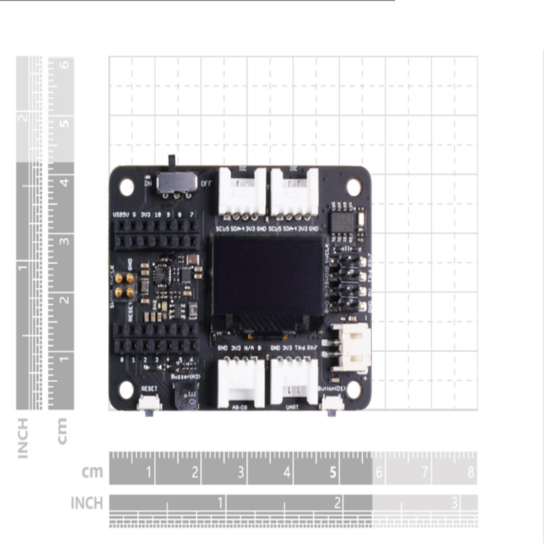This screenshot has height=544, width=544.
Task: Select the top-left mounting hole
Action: click(x=127, y=186)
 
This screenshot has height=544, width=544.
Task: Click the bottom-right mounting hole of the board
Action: click(x=353, y=389)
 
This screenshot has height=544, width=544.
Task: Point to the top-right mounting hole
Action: click(x=353, y=186)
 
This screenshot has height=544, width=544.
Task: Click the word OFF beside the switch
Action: click(x=205, y=182)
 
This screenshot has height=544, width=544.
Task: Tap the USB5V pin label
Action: click(x=120, y=215)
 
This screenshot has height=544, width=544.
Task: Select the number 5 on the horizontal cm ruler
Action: click(x=333, y=471)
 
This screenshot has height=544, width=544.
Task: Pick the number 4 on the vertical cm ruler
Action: click(x=64, y=182)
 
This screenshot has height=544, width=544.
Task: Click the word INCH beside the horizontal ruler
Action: click(x=87, y=503)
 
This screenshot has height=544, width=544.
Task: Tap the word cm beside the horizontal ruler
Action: click(x=92, y=471)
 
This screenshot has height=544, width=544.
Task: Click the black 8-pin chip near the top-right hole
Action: click(x=343, y=222)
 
